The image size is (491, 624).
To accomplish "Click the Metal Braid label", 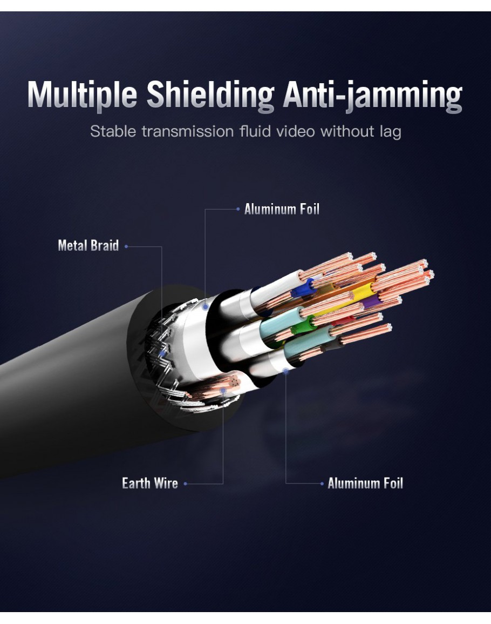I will pyautogui.click(x=88, y=246).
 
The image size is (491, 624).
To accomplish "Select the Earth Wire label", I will pyautogui.click(x=150, y=483).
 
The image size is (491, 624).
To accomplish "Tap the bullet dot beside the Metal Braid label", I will pyautogui.click(x=126, y=246).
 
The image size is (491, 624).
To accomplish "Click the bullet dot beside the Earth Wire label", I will pyautogui.click(x=185, y=484).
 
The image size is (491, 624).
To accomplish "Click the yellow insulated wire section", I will pyautogui.click(x=363, y=292).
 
